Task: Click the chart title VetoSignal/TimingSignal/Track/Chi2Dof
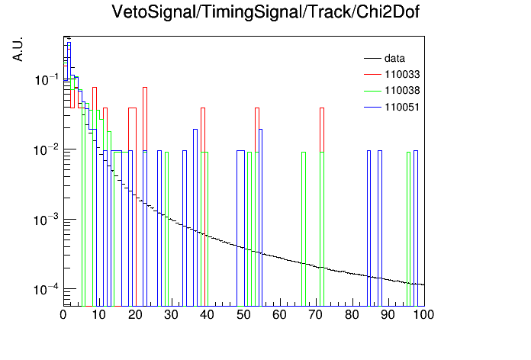point(265,12)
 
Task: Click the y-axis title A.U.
point(18,50)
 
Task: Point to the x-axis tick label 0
point(63,315)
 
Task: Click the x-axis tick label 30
point(171,315)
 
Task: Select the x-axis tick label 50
point(243,315)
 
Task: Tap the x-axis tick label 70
point(316,315)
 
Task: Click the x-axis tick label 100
point(423,315)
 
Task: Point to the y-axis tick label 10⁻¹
point(47,80)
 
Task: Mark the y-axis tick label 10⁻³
point(46,220)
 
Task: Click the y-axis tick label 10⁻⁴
point(46,290)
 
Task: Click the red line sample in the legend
point(372,74)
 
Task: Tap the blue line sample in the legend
point(372,108)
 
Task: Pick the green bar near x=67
point(304,230)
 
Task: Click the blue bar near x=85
point(368,229)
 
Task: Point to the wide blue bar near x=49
point(241,229)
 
